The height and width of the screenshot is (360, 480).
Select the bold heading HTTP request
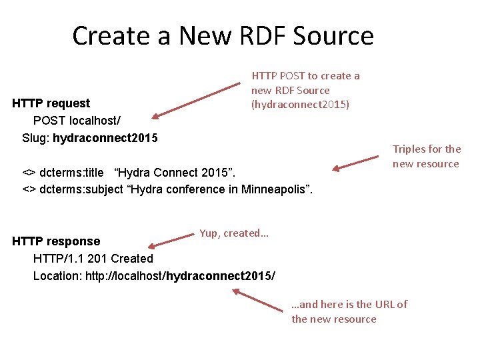tap(51, 103)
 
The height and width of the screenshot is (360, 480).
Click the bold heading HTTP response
tap(57, 241)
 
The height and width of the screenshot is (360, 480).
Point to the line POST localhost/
tap(77, 121)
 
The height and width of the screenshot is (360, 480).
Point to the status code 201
tap(98, 259)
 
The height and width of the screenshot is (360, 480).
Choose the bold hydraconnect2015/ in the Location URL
tap(221, 275)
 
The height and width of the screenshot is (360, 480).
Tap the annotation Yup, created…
tap(233, 233)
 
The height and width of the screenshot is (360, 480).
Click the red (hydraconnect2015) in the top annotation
tap(300, 105)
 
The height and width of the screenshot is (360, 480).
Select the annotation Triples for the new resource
tap(426, 157)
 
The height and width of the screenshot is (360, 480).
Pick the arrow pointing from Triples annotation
tap(356, 164)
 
